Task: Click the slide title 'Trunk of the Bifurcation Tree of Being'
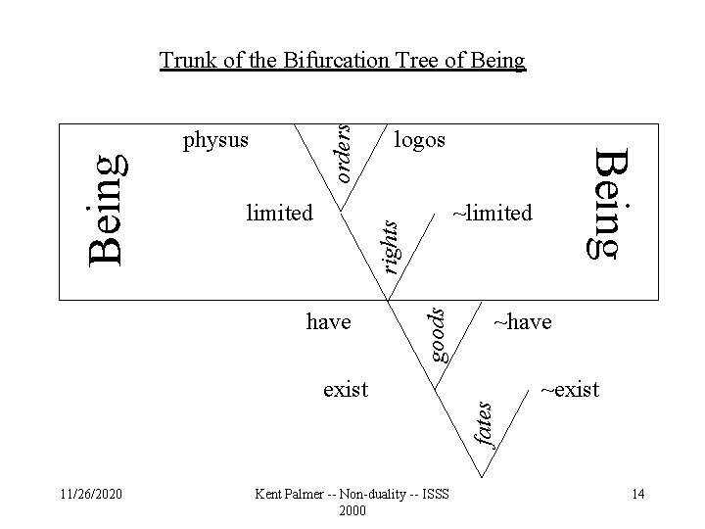pyautogui.click(x=343, y=62)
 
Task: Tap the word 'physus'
pyautogui.click(x=215, y=141)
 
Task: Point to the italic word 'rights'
pyautogui.click(x=389, y=244)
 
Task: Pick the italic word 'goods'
pyautogui.click(x=440, y=334)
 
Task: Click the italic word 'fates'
pyautogui.click(x=483, y=417)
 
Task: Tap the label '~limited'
pyautogui.click(x=493, y=213)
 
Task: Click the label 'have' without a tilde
pyautogui.click(x=328, y=321)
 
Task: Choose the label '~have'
pyautogui.click(x=522, y=321)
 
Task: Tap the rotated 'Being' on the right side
pyautogui.click(x=609, y=203)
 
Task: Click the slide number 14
pyautogui.click(x=637, y=494)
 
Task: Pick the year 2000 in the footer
pyautogui.click(x=352, y=510)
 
